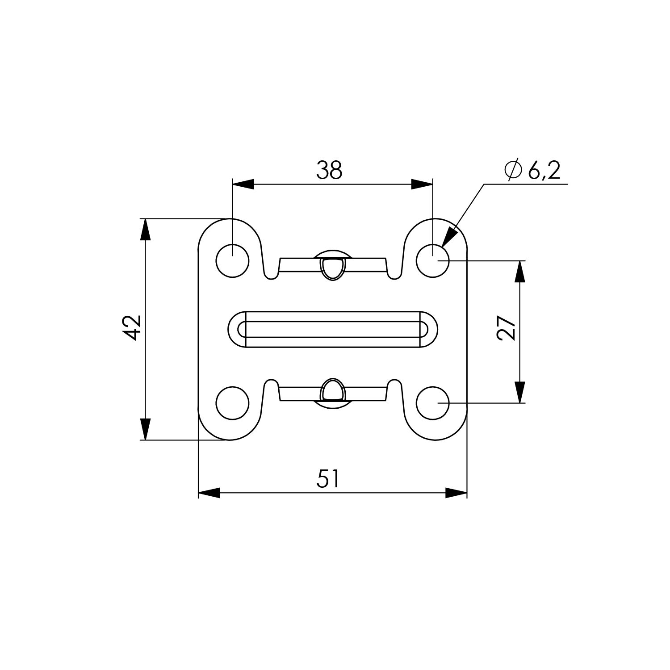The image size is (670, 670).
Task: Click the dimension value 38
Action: tap(330, 170)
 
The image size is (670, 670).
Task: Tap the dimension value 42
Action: tap(132, 328)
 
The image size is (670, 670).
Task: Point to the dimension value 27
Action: tap(507, 328)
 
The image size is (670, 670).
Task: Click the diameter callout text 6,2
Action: tap(544, 170)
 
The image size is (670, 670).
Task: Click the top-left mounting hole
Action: tap(232, 260)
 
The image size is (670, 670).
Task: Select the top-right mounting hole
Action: tap(433, 260)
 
